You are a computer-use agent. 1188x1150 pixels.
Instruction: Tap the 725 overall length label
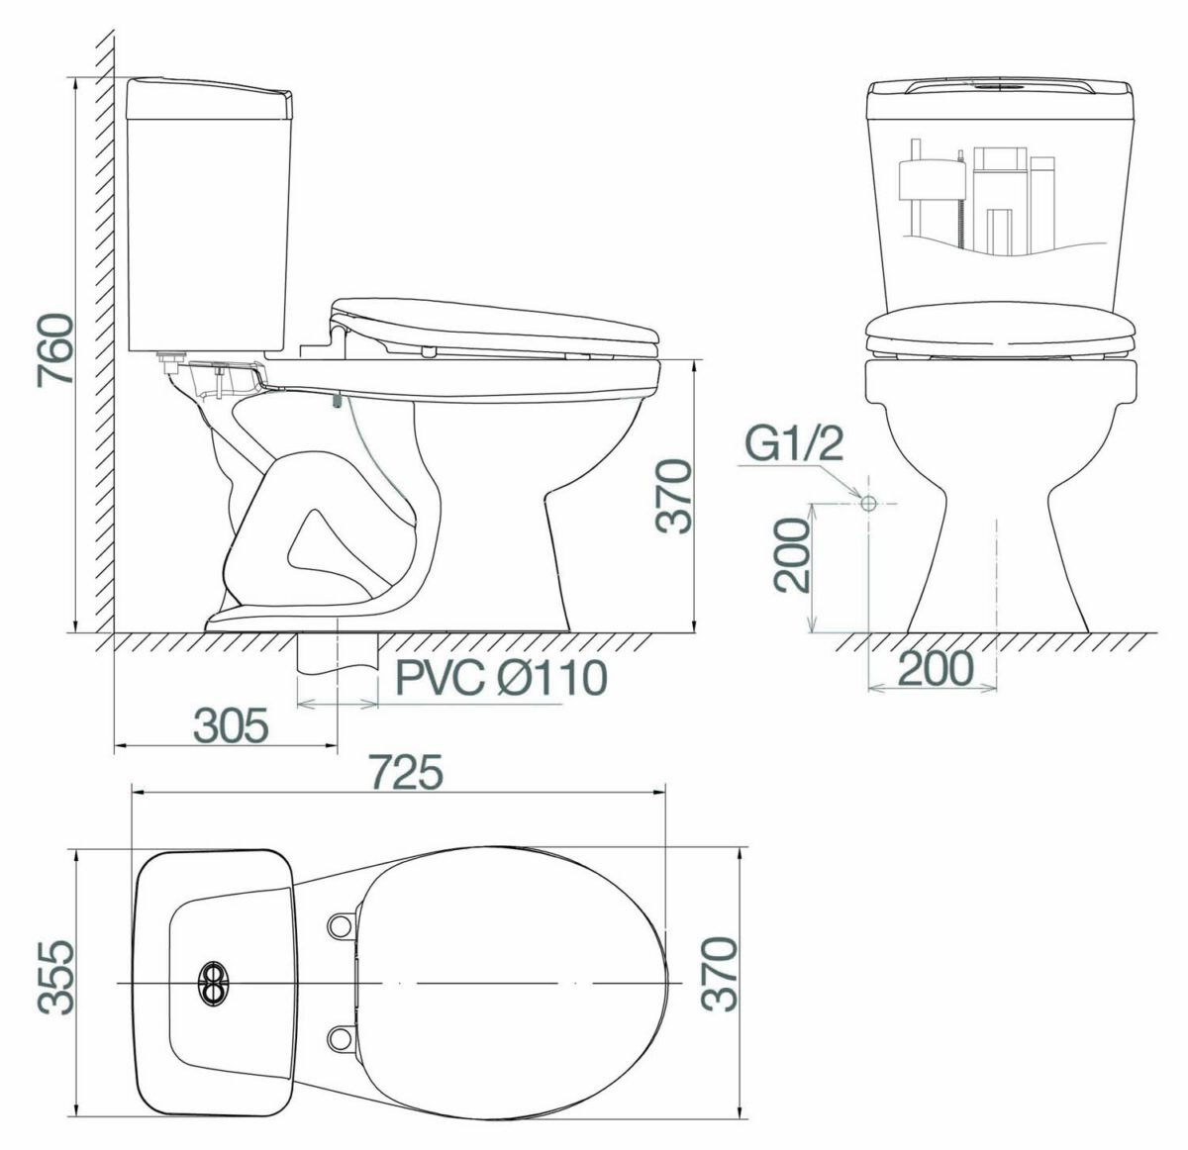[x=406, y=772]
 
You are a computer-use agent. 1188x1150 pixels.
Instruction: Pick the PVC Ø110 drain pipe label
[x=502, y=678]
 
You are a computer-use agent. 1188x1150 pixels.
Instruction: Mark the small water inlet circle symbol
[x=868, y=503]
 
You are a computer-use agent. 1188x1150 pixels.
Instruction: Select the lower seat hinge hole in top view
[x=340, y=1037]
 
